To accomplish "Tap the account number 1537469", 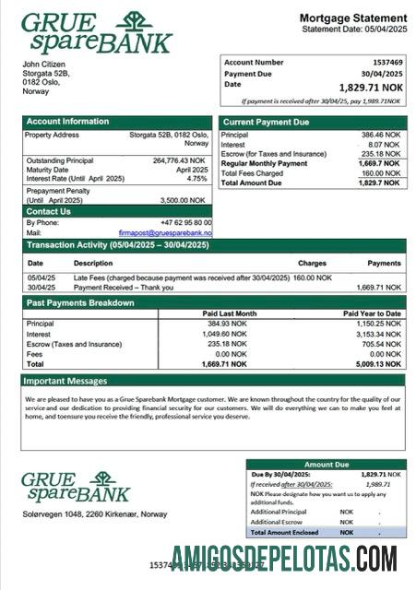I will tap(385, 62).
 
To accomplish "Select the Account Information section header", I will tap(67, 122).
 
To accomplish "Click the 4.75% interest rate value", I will tap(197, 179).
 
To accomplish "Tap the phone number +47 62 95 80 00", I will tap(185, 222).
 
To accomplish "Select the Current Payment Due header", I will tap(267, 122).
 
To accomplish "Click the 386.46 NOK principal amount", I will tap(381, 135).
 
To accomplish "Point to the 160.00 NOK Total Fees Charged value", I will tap(381, 172).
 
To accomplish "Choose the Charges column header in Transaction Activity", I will tap(312, 263).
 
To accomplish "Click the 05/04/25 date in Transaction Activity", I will tap(42, 277).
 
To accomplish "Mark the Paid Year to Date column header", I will tap(373, 313).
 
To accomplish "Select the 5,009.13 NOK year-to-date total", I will tap(381, 364).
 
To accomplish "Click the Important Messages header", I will tap(65, 380).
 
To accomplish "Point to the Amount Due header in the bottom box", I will tap(326, 465).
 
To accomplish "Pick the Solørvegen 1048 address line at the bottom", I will tap(94, 513).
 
